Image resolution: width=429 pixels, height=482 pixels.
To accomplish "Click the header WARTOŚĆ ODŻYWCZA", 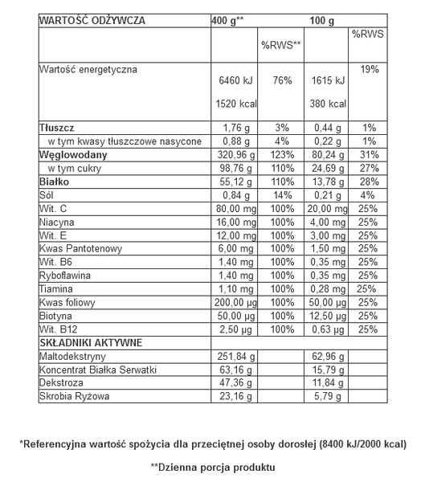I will point(92,20).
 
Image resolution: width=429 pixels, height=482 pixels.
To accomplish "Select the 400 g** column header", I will point(230,20).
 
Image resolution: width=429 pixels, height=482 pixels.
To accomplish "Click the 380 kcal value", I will point(328,104).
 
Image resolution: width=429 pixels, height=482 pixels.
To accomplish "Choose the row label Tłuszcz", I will point(58,127).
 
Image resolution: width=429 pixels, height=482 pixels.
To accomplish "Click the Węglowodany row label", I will point(73,154).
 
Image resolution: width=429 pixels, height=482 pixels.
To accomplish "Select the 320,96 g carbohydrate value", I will point(235,154).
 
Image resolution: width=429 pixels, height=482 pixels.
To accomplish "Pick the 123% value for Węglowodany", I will point(281,154).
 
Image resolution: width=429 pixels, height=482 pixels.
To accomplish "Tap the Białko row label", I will point(55,182).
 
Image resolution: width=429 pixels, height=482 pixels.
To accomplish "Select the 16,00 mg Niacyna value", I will point(236,223).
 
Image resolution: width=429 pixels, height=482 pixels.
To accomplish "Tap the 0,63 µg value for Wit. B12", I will point(328,329).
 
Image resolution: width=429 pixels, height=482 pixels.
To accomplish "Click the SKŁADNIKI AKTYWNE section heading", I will point(91,342).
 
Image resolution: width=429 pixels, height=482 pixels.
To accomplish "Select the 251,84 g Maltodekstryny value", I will point(236,356).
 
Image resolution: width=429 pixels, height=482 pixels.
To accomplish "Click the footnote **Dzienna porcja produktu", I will point(213,466).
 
